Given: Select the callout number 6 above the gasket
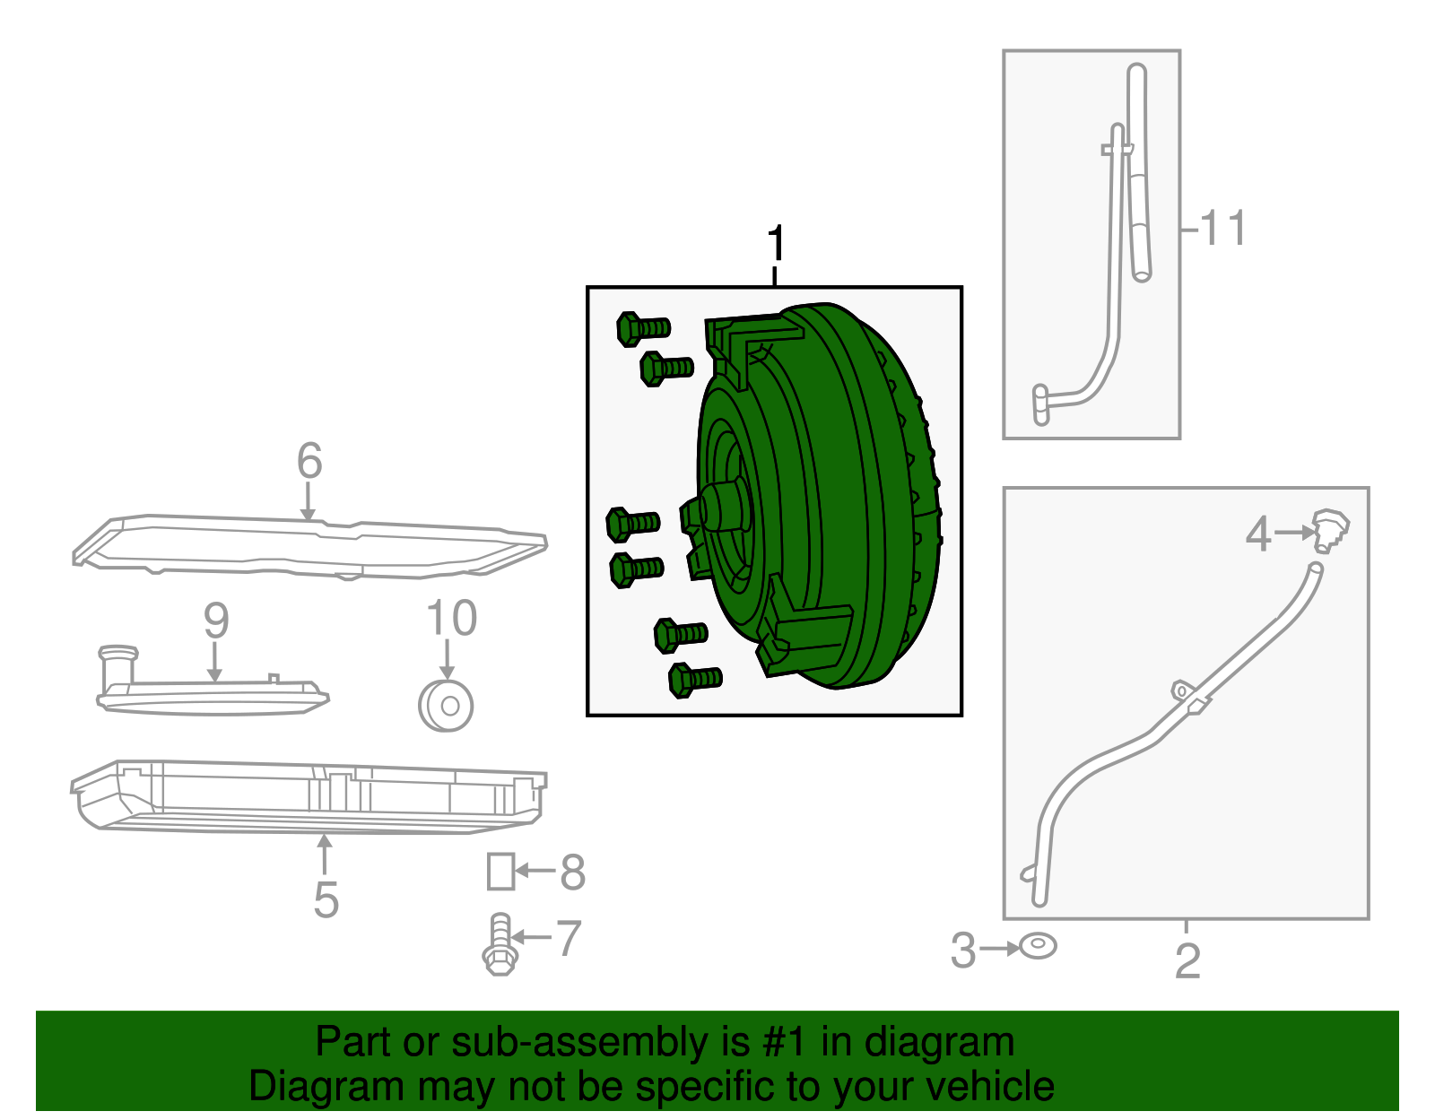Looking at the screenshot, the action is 309,460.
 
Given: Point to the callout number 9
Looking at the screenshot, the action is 216,621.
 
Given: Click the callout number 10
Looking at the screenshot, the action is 452,618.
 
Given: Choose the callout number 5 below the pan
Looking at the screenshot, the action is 326,899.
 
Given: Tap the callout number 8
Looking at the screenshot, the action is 572,872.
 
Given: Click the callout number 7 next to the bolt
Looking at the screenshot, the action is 570,938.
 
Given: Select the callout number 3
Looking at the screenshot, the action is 963,951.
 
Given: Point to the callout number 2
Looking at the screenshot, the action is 1187,961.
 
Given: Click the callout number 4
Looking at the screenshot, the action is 1258,534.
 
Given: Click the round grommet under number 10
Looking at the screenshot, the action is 446,706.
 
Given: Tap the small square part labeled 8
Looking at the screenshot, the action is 500,872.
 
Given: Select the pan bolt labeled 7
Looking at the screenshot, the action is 500,944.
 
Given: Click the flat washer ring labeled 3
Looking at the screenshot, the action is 1038,946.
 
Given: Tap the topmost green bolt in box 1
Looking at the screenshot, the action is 642,328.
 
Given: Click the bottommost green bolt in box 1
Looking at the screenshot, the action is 695,679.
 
